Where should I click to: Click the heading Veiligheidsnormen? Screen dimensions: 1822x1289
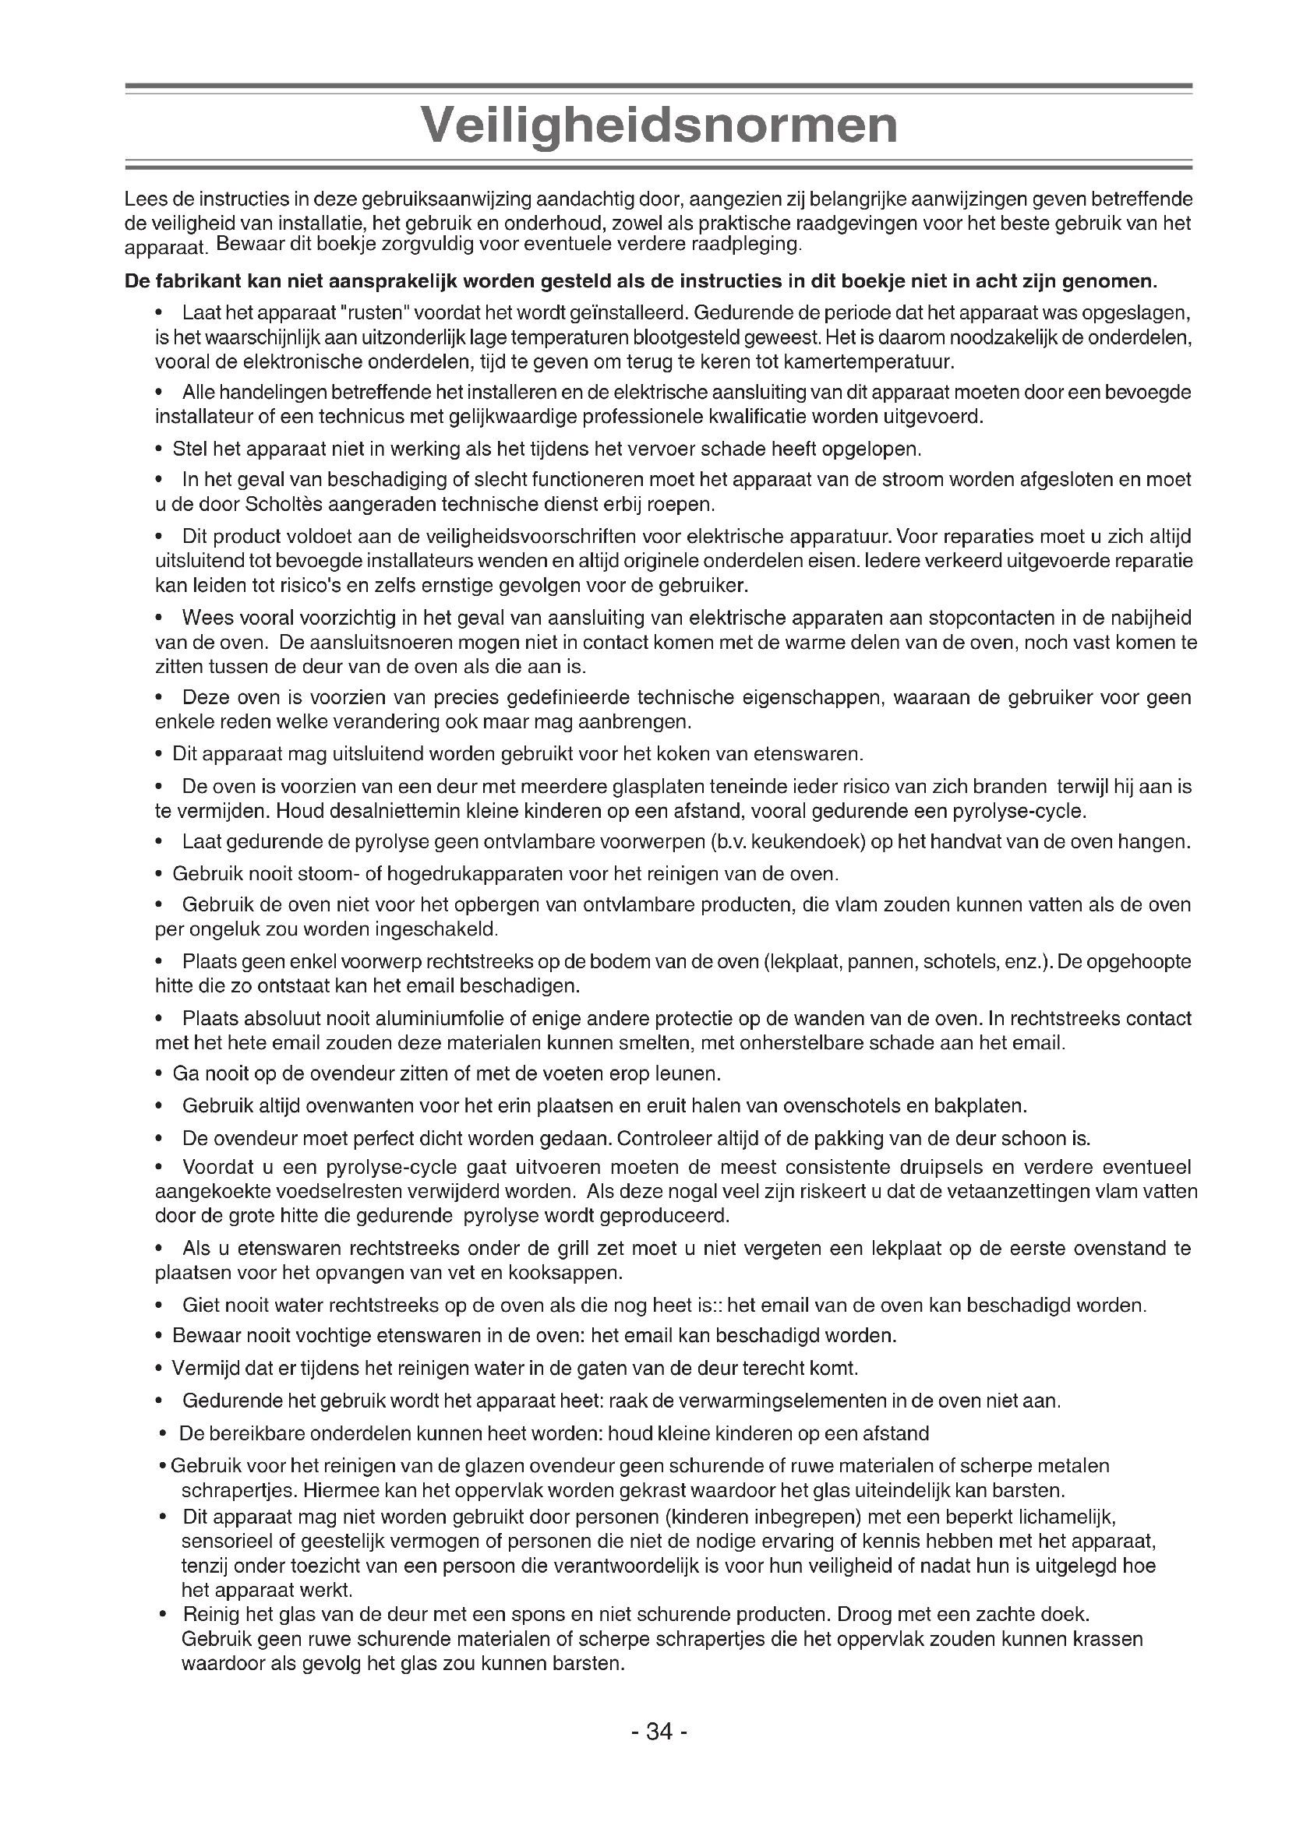click(x=659, y=125)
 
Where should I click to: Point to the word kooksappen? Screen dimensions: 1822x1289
click(x=574, y=1273)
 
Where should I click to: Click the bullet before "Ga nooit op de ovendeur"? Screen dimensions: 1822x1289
click(x=161, y=1074)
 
